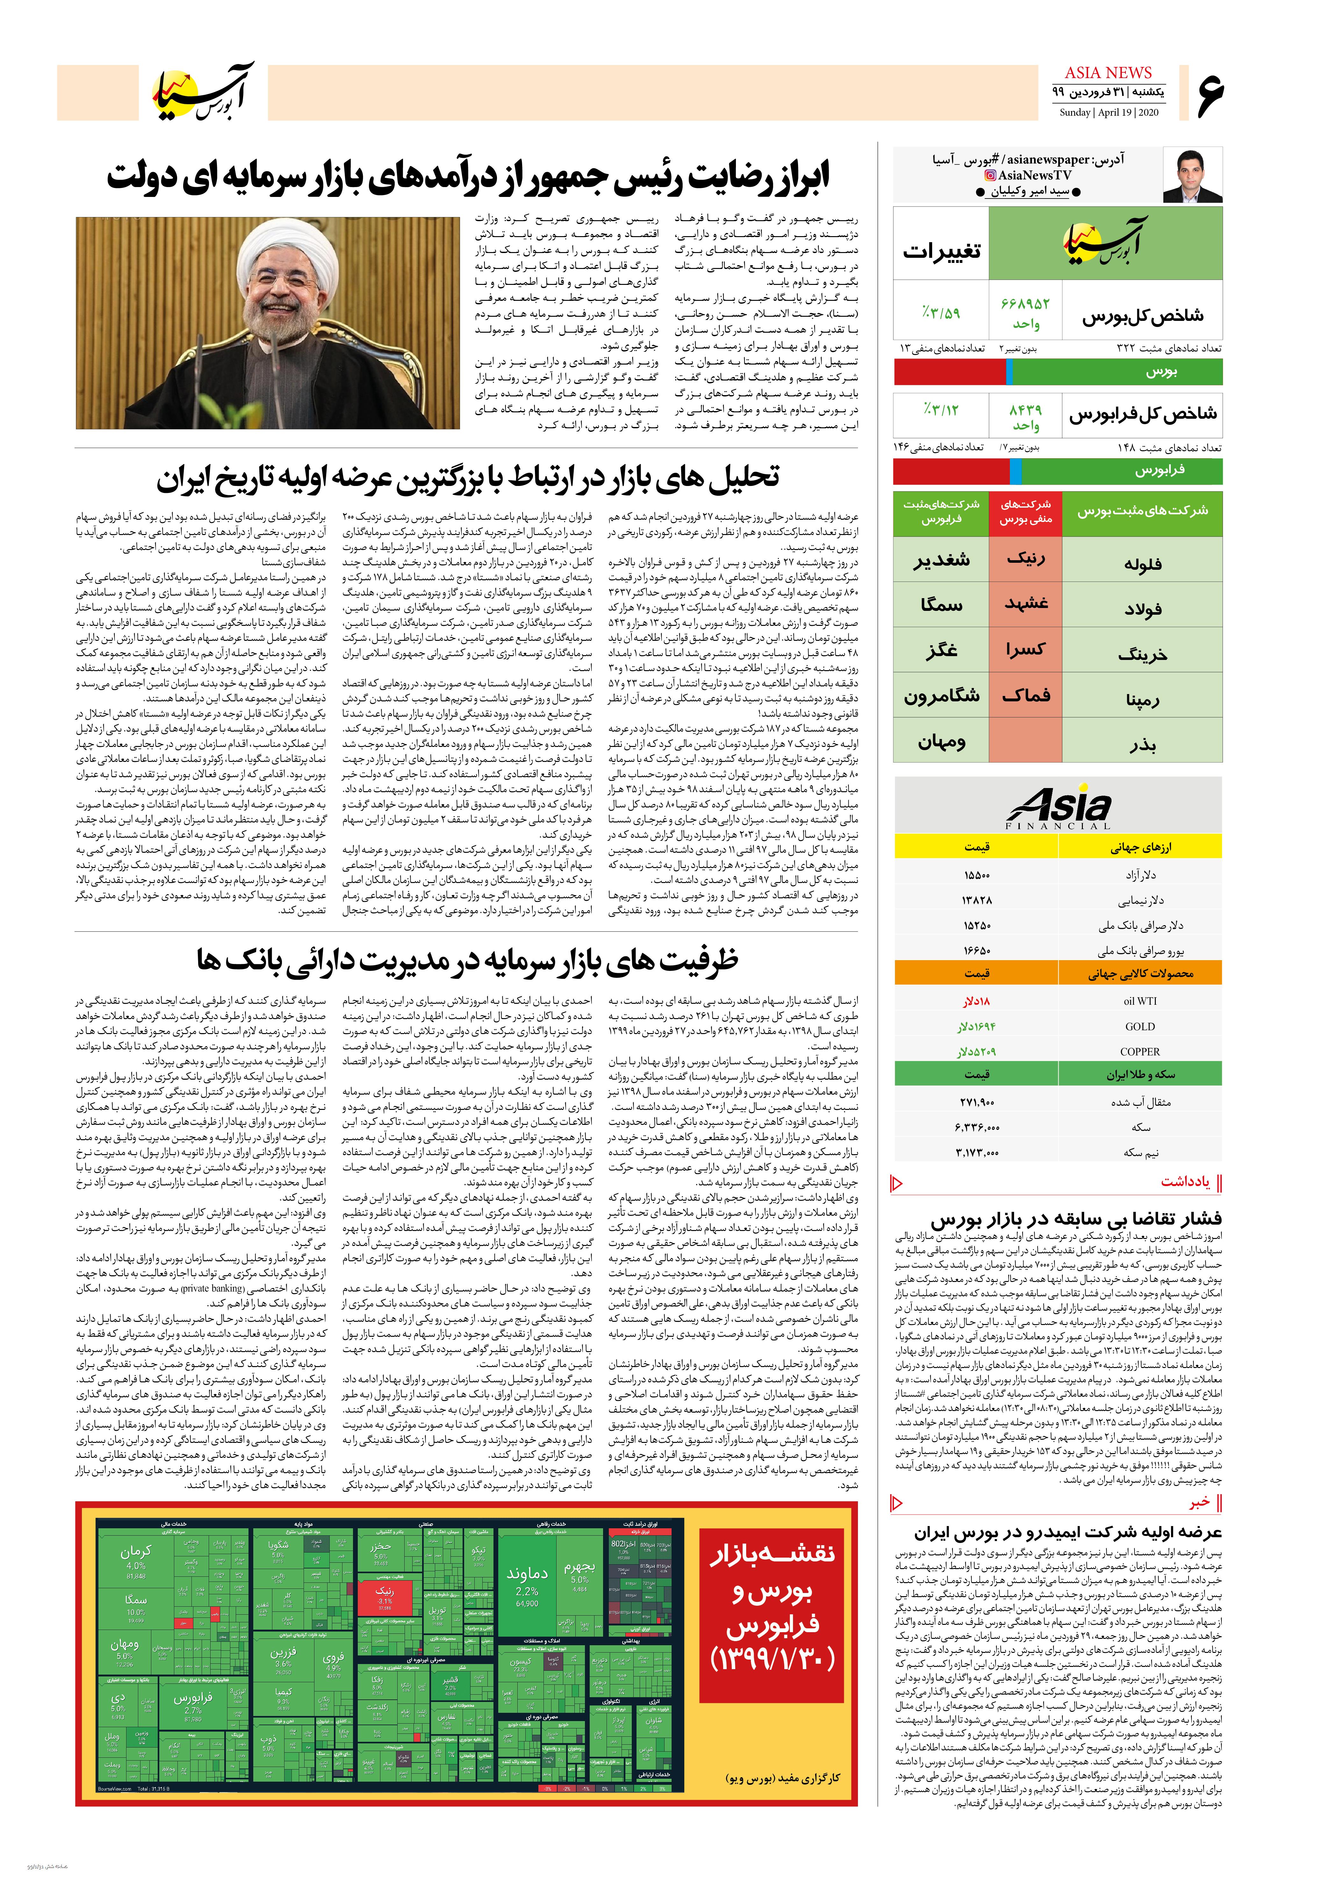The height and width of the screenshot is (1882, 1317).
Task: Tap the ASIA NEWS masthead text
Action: (x=1108, y=73)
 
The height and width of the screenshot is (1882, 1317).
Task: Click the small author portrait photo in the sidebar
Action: (x=1192, y=175)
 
